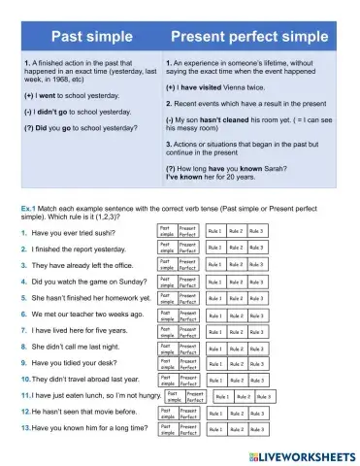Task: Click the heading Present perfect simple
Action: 251,37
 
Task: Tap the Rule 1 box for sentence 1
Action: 214,231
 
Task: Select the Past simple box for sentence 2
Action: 167,248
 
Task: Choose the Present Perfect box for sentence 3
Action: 188,264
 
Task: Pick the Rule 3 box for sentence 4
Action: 256,282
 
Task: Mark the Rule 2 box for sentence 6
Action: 236,316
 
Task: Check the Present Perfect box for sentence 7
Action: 188,332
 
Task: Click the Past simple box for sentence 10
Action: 167,381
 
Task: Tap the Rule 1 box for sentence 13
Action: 214,428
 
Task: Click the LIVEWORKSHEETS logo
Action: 299,454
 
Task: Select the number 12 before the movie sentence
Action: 24,413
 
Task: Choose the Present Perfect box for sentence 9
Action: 188,364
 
